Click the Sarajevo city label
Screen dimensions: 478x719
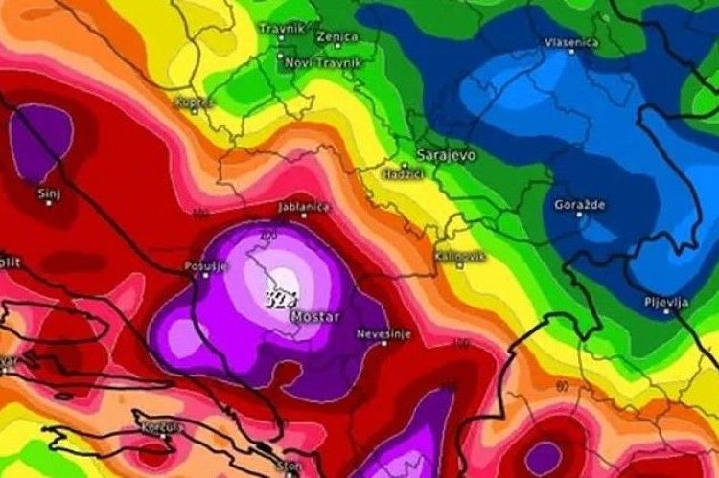pos(446,153)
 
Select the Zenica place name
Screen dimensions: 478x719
pos(336,36)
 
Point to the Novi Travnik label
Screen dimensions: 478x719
pos(313,63)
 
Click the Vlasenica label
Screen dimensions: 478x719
pos(571,42)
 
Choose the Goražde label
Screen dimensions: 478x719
pos(579,204)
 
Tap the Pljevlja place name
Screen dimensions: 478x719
pos(666,302)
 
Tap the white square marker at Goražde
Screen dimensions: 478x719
pos(579,215)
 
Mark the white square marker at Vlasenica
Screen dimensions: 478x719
pos(572,52)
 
